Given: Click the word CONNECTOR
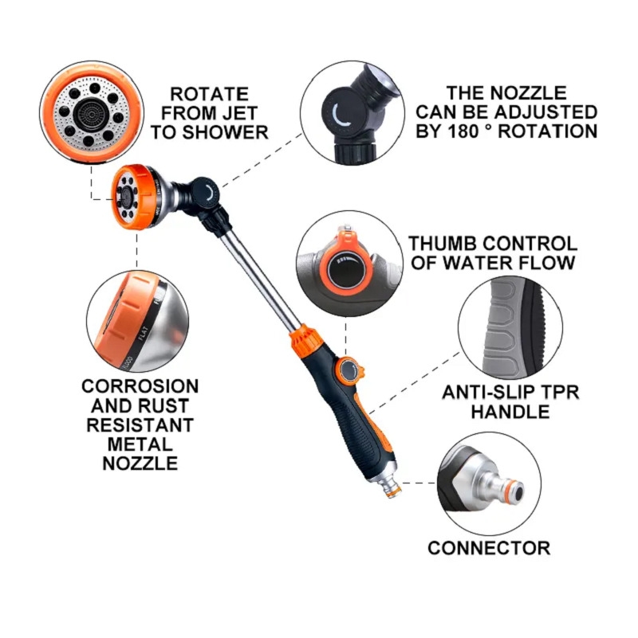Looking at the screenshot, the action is coord(489,548).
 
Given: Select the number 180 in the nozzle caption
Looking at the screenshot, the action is coord(464,131).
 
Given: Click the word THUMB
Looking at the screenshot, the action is coord(443,243).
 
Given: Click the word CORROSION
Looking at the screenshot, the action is coord(140,386).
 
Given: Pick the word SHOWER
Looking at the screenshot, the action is coord(225,132).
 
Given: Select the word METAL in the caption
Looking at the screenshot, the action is coord(140,444).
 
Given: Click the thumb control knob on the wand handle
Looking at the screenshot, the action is coord(349,370).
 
